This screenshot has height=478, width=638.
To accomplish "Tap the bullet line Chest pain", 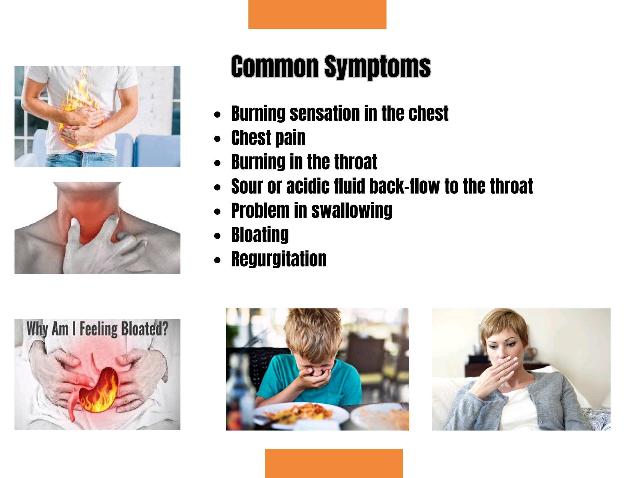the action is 268,138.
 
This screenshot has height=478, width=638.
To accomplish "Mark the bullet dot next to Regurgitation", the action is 218,260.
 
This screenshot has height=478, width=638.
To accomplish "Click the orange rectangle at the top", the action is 317,14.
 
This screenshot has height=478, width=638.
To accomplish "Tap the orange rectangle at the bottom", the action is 334,463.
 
